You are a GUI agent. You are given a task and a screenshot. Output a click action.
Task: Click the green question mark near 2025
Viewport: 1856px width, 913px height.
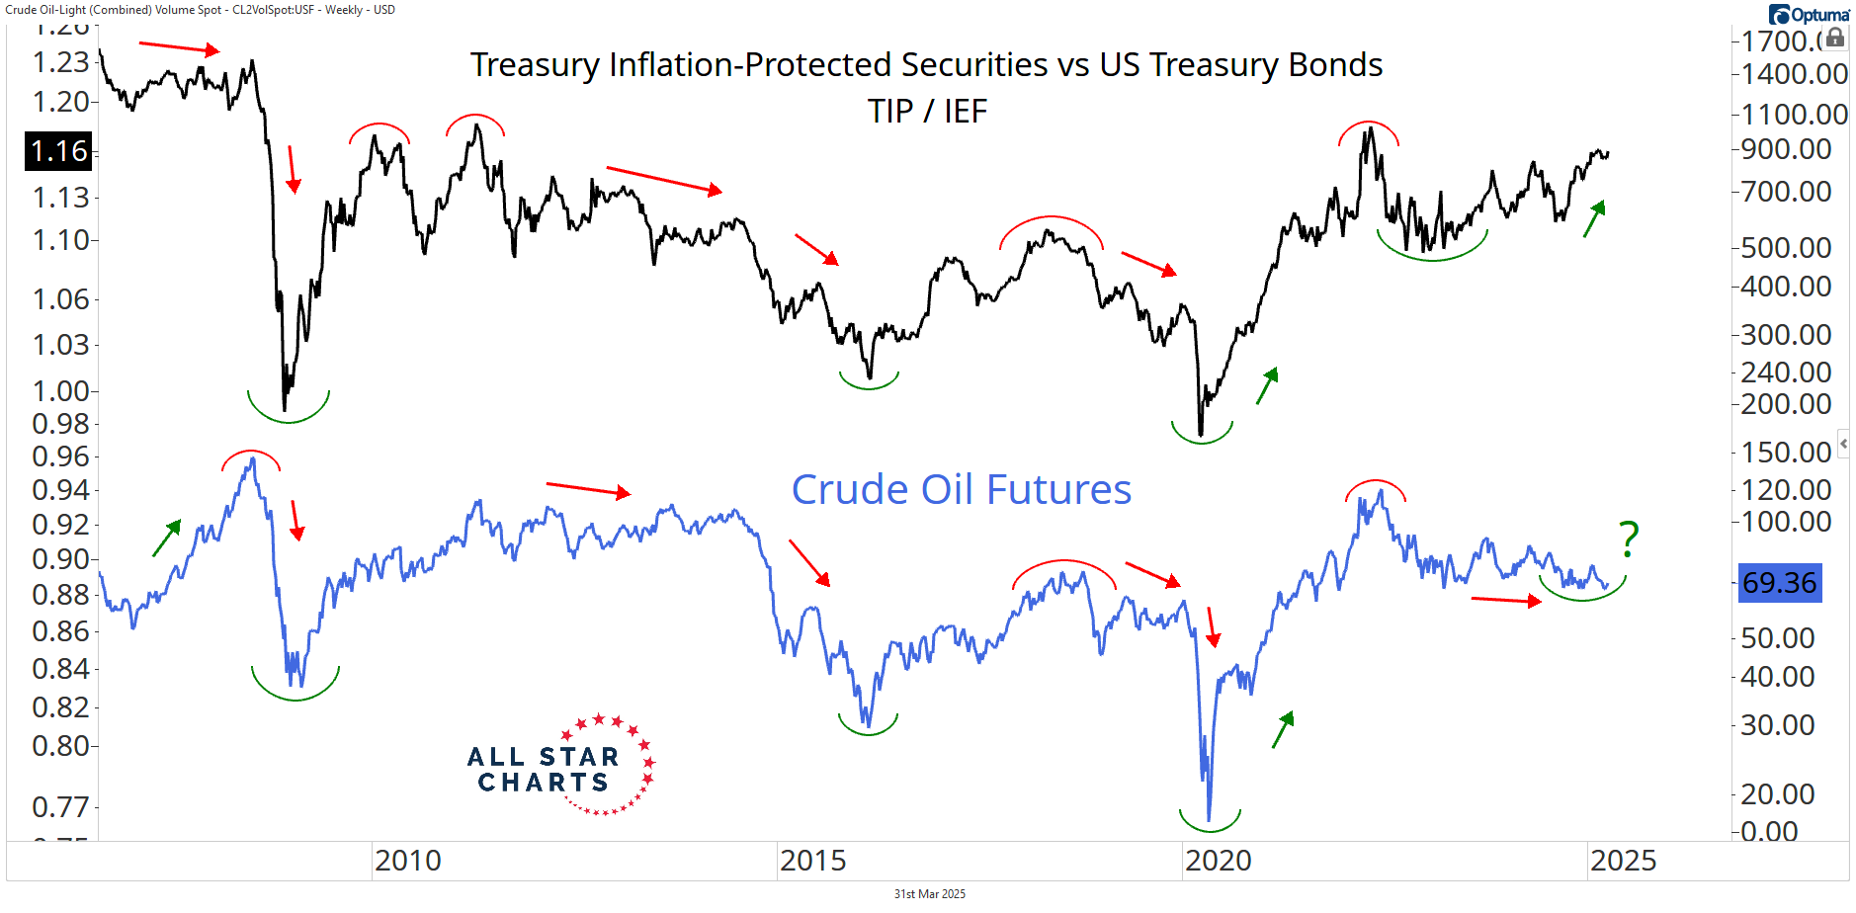1629,539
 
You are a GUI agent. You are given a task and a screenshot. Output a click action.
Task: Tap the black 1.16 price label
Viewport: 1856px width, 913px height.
58,151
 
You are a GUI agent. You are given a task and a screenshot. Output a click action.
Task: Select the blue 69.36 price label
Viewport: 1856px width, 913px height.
1779,582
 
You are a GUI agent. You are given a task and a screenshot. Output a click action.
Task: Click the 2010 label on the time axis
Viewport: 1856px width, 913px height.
407,861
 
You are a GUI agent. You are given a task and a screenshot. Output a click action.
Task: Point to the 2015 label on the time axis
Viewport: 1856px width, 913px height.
812,861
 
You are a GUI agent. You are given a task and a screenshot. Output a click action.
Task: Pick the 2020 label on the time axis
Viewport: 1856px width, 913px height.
1218,861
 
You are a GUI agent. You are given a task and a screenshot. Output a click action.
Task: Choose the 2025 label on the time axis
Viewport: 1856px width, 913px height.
1623,861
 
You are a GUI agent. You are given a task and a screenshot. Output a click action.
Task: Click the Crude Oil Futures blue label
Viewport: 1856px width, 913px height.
961,490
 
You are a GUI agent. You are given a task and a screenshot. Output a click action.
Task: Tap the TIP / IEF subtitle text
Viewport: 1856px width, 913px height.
927,112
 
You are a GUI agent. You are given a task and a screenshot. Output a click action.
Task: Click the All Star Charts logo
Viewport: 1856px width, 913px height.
559,767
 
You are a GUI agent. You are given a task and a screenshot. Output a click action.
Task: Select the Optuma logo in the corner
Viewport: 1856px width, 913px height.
1809,15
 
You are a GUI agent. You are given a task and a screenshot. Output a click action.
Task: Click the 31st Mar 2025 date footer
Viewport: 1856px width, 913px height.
929,894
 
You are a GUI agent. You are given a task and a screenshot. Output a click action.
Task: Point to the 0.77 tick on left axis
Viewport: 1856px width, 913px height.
60,807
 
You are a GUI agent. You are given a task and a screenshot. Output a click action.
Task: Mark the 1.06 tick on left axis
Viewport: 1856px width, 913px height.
60,299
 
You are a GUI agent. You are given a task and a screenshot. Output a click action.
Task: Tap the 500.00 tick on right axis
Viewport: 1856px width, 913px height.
1786,248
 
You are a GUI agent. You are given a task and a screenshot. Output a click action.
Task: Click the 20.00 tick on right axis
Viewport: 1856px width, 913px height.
1777,793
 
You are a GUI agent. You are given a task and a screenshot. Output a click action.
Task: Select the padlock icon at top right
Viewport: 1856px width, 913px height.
1835,38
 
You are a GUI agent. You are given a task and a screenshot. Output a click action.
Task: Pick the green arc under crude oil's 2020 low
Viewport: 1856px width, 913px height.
1210,821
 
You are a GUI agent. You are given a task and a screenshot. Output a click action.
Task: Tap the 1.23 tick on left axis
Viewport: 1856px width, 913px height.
60,62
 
